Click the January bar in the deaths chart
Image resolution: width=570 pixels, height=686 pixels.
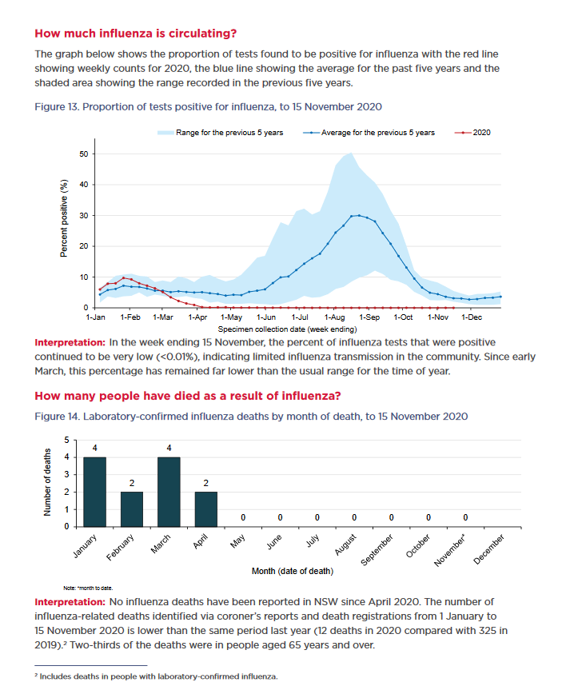(94, 492)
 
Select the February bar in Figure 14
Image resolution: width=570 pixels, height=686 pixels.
(132, 509)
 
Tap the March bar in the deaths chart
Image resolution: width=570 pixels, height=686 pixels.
(169, 492)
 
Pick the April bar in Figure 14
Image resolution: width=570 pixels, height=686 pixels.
(207, 509)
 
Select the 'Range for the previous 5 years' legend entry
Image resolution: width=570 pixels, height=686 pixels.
(221, 132)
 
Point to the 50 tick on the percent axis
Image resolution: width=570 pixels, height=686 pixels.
(82, 154)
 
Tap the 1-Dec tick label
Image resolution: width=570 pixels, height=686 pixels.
(472, 318)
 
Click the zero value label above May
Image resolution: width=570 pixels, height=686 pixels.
(244, 519)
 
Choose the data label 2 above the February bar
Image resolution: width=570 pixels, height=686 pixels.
(132, 483)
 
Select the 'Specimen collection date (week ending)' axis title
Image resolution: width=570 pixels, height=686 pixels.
(287, 329)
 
